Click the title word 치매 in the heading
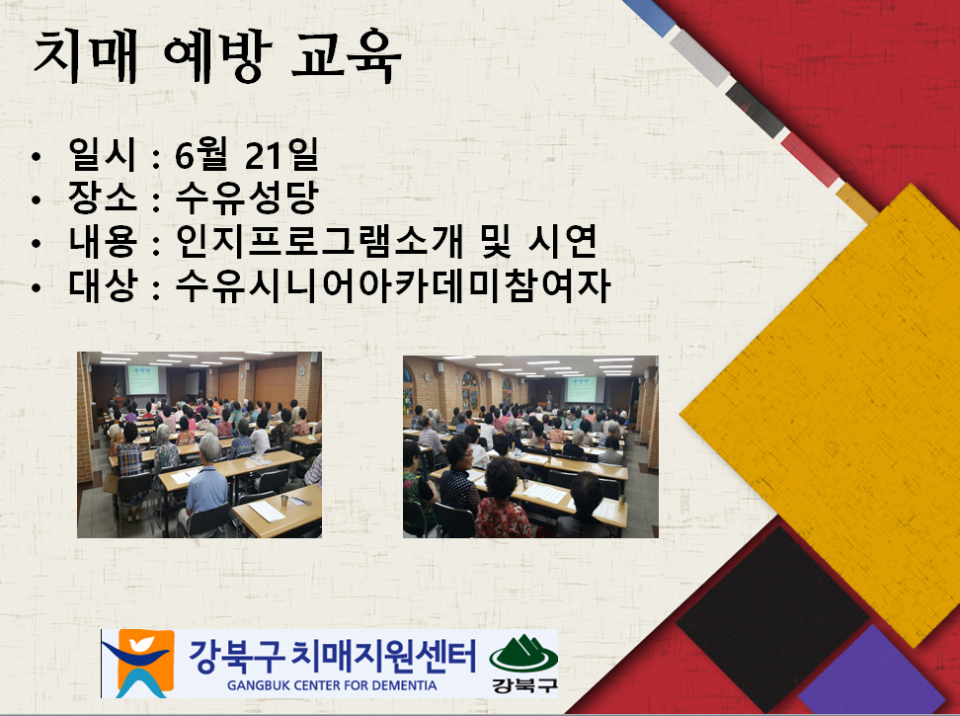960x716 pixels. tap(85, 57)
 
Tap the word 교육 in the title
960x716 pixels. tap(346, 57)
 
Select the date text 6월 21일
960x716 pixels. tap(247, 154)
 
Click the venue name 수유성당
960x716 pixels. tap(247, 198)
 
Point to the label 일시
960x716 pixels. tap(102, 154)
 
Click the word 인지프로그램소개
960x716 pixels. tap(319, 241)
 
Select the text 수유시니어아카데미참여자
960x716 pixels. tap(393, 285)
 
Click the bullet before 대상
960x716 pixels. tap(37, 287)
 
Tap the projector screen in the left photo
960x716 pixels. tap(142, 379)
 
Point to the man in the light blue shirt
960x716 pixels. tap(206, 484)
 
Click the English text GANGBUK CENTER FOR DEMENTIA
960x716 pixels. tap(332, 685)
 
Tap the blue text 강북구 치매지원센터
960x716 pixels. tap(332, 656)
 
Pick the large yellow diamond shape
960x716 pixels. tap(821, 415)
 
